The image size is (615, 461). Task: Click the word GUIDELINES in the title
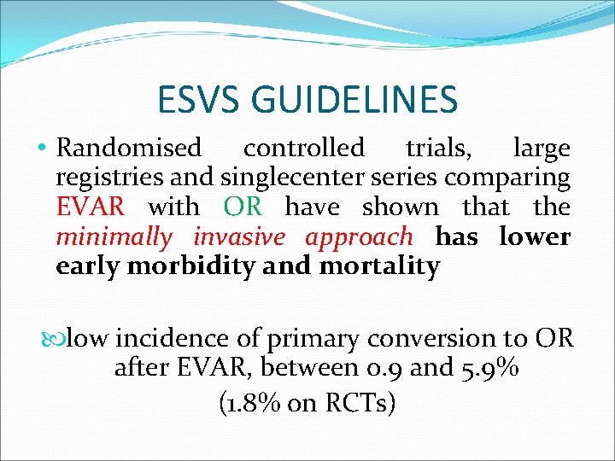pos(360,100)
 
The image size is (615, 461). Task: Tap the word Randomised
pos(129,149)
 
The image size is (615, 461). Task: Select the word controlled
pos(303,149)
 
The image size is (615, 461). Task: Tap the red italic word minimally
pos(114,236)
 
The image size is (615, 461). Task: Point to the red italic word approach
pos(359,236)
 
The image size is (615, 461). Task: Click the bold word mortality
pos(379,266)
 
